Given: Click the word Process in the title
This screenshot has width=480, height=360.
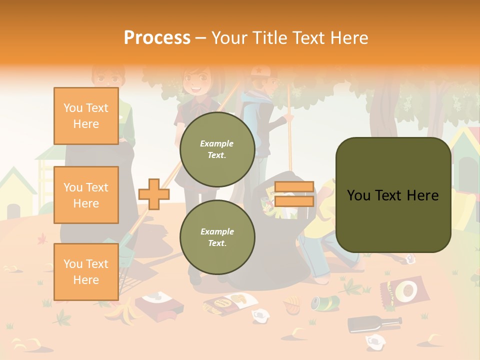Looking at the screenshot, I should coord(157,37).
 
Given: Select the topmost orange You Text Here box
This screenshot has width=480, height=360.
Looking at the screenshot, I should coord(86,116).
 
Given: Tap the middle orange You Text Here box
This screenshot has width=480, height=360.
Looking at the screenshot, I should coord(86,195).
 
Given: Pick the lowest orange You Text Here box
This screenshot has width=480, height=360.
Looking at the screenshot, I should coord(86,271).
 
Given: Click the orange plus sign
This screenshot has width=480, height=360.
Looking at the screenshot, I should coord(153,194).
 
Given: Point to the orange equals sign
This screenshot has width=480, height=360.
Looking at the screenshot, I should coord(294,194).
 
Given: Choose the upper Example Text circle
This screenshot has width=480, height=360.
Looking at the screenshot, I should coord(217,149).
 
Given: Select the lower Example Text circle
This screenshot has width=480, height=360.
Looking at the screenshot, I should coord(217,237).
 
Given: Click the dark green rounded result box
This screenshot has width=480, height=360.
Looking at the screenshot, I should coord(393,195).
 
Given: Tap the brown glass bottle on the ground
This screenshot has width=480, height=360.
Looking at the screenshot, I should coord(374,323).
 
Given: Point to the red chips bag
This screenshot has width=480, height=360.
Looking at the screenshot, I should coord(404,291).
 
